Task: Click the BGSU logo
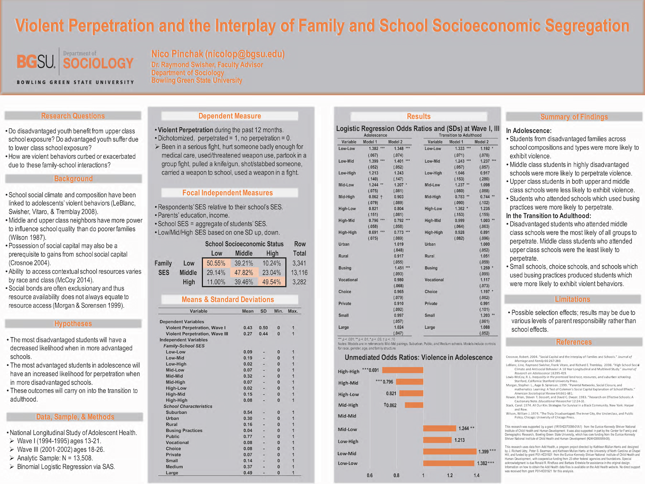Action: coord(36,62)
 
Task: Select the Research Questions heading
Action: coord(73,116)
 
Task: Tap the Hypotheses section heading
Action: coord(73,323)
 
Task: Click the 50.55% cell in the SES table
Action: coord(216,263)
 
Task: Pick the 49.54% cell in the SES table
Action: coord(272,282)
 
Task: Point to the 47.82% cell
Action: coord(244,272)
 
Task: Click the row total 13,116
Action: coord(299,272)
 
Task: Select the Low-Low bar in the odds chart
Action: coord(449,463)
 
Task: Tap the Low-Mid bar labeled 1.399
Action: coord(450,451)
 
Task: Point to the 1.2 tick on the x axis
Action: coord(450,475)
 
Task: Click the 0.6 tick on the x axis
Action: coord(370,475)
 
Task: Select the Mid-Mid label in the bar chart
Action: coord(347,416)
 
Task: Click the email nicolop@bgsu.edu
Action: coord(245,54)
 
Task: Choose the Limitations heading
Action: coord(572,299)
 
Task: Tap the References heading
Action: coord(574,342)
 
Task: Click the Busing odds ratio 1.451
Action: coord(398,268)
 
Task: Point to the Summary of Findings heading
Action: coord(574,117)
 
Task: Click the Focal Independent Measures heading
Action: coord(228,193)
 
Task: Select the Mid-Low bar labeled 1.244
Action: coord(440,428)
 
